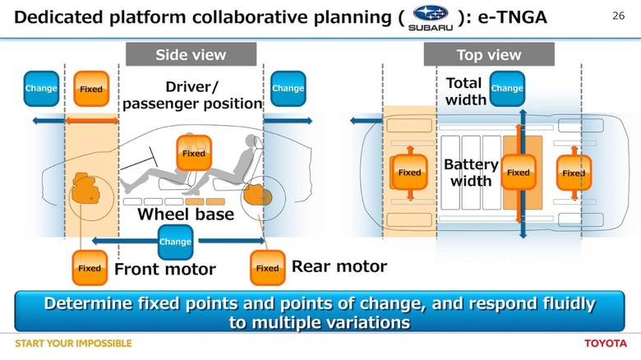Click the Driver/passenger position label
(x=192, y=95)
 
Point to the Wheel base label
(x=186, y=215)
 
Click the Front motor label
(x=164, y=269)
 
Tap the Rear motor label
(x=339, y=266)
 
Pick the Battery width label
(x=471, y=173)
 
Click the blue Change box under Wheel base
(x=175, y=242)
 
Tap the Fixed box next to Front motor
(x=90, y=268)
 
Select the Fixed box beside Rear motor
(x=267, y=268)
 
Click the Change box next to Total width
(x=507, y=89)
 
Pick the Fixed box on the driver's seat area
(x=194, y=154)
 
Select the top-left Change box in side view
(x=41, y=88)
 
